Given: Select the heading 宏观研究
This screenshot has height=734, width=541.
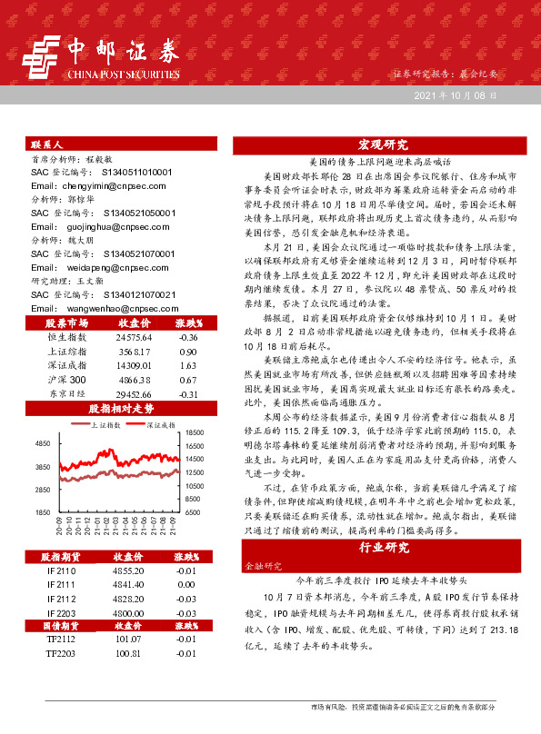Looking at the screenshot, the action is (383, 144).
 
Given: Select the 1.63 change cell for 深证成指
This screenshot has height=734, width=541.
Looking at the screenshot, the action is (188, 364).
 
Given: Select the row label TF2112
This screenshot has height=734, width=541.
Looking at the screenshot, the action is (62, 640).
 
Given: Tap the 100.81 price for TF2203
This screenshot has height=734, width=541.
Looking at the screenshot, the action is (128, 653).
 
